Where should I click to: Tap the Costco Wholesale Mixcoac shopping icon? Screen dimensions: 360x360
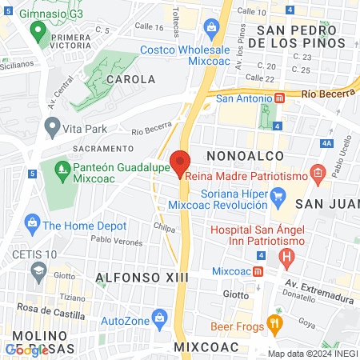(x=212, y=30)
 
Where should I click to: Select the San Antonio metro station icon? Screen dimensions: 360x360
(x=280, y=98)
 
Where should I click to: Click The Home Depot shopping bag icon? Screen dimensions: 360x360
(x=32, y=221)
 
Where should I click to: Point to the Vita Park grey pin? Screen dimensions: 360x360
(x=53, y=127)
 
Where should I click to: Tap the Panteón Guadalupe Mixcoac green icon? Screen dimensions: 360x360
(x=62, y=170)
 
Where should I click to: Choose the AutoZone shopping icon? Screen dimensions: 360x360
(x=160, y=317)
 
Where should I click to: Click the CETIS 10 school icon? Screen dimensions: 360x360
(x=38, y=271)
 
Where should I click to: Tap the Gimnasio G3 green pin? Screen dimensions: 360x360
(x=37, y=32)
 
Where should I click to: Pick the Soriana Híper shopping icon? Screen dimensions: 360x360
(x=278, y=195)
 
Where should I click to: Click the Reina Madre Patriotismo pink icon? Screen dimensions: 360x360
(x=318, y=173)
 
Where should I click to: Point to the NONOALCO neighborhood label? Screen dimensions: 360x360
(x=241, y=155)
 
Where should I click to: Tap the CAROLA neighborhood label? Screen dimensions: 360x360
(x=130, y=80)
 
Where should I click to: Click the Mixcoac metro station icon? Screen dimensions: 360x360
(x=258, y=271)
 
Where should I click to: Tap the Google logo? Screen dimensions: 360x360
(x=26, y=350)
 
